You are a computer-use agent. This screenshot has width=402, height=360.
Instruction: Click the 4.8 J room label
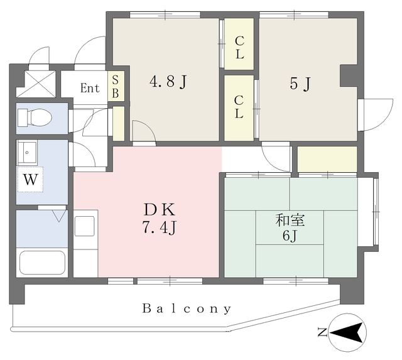pyautogui.click(x=168, y=82)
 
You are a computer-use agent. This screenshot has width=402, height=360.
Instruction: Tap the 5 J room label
pyautogui.click(x=300, y=84)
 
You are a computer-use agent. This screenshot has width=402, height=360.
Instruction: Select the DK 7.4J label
pyautogui.click(x=160, y=218)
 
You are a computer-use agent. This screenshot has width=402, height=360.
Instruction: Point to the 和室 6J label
pyautogui.click(x=290, y=228)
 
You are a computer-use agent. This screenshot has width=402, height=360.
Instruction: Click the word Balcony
pyautogui.click(x=187, y=308)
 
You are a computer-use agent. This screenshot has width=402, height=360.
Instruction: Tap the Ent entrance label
pyautogui.click(x=90, y=88)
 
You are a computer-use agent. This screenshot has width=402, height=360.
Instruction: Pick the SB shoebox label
pyautogui.click(x=116, y=87)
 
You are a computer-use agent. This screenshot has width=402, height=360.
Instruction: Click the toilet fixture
pyautogui.click(x=35, y=117)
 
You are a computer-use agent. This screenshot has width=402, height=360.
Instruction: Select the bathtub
pyautogui.click(x=42, y=263)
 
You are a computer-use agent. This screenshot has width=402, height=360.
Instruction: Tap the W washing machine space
pyautogui.click(x=30, y=179)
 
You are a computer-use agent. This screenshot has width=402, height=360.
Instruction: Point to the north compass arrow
pyautogui.click(x=347, y=332)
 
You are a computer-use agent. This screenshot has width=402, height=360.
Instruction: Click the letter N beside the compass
pyautogui.click(x=322, y=332)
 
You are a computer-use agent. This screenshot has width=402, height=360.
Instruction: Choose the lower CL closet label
pyautogui.click(x=239, y=107)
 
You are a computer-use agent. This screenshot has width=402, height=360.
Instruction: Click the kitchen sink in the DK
pyautogui.click(x=84, y=226)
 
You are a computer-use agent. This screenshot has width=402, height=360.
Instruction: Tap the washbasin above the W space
pyautogui.click(x=27, y=153)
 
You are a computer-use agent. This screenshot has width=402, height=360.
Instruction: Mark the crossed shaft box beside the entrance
pyautogui.click(x=36, y=84)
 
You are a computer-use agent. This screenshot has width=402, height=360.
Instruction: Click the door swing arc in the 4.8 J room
pyautogui.click(x=144, y=130)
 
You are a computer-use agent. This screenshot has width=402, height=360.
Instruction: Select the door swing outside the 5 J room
pyautogui.click(x=376, y=115)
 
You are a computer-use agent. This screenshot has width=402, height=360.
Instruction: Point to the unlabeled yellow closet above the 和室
pyautogui.click(x=327, y=159)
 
